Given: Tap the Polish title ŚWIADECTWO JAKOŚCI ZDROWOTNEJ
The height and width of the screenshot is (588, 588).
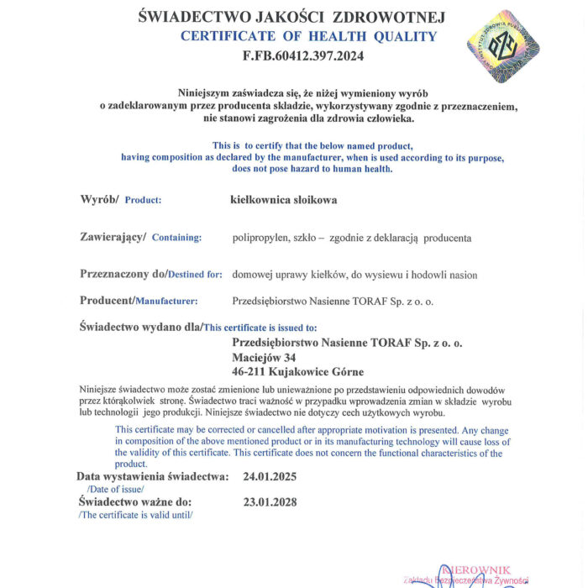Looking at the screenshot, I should click(x=291, y=17).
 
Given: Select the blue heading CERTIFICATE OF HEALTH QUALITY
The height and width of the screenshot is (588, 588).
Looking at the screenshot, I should click(x=308, y=36).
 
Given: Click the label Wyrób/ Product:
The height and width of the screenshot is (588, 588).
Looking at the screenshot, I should click(x=120, y=200).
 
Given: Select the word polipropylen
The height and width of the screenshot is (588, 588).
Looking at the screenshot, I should click(x=260, y=238).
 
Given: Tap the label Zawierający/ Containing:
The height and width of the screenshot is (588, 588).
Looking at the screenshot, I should click(x=140, y=238).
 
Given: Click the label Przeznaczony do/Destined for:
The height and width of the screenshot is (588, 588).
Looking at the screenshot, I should click(x=150, y=274).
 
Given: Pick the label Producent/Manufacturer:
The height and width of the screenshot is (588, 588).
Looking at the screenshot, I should click(x=139, y=301).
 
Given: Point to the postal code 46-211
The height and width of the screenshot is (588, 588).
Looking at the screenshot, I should click(x=249, y=371).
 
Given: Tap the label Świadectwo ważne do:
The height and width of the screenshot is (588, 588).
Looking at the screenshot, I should click(x=135, y=502).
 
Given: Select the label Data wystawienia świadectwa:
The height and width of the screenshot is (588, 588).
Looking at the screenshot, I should click(x=152, y=476).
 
